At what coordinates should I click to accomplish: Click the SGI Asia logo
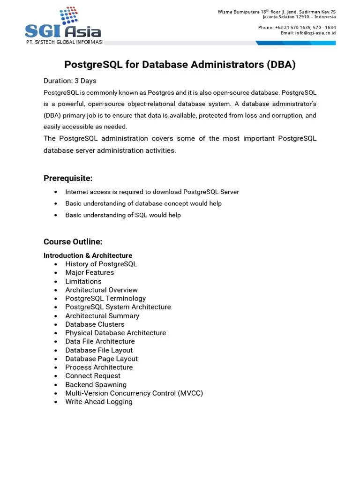(63, 24)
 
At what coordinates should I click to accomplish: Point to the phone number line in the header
(297, 28)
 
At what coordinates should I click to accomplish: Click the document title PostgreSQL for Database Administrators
(180, 65)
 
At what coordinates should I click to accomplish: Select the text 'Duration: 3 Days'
(70, 81)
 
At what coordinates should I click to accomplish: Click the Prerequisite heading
(68, 178)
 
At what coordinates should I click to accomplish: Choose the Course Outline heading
(73, 242)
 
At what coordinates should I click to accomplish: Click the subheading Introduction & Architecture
(88, 255)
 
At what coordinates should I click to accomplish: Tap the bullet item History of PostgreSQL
(101, 264)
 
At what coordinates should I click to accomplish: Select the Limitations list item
(83, 281)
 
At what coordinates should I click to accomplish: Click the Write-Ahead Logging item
(98, 402)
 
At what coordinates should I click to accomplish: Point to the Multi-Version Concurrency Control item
(134, 393)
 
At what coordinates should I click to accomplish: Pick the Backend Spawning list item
(96, 384)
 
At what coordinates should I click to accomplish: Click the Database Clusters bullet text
(95, 324)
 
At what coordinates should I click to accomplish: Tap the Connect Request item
(92, 376)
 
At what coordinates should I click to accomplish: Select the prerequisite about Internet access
(152, 192)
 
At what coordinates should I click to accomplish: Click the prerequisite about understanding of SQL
(123, 215)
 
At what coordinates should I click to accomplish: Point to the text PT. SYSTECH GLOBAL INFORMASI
(64, 43)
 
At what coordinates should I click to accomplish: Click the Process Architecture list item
(98, 367)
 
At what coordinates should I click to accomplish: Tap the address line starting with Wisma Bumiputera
(277, 12)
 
